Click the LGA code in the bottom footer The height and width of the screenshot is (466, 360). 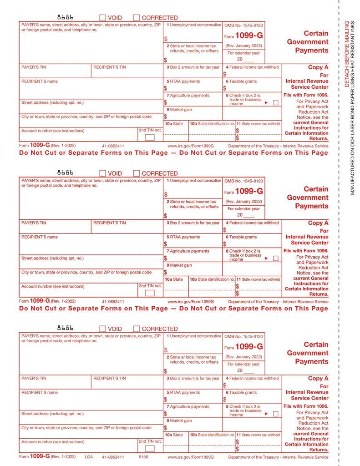(89, 457)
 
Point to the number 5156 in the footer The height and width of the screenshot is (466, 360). (143, 457)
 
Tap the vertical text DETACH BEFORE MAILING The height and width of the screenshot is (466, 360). (346, 54)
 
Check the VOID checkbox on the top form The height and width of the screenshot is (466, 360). (102, 18)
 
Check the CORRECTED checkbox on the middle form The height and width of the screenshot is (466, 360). (136, 173)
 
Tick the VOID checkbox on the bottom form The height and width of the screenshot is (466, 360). (102, 329)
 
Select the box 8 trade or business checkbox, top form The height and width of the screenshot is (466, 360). (275, 103)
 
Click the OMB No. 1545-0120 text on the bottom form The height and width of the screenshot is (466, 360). (243, 336)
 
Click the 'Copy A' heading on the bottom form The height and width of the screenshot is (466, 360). (318, 379)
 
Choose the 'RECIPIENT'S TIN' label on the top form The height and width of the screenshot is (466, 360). (109, 67)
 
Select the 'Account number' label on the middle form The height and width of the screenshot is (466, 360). (53, 287)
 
